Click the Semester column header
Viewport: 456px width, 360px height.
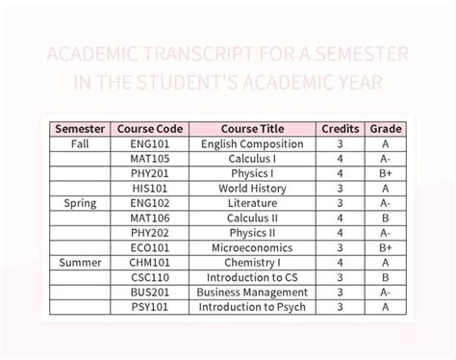[x=80, y=129]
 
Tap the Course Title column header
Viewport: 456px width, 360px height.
[x=252, y=129]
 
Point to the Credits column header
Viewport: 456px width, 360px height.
[x=341, y=129]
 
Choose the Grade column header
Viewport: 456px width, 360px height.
[x=385, y=129]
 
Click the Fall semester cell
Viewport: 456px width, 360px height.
[x=80, y=144]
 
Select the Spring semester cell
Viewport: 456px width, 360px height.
[x=80, y=203]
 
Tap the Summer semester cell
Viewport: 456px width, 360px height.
[x=80, y=262]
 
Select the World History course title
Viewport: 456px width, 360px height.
[x=252, y=189]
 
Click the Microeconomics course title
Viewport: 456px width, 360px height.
[x=252, y=247]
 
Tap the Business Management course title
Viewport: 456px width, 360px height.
[x=252, y=292]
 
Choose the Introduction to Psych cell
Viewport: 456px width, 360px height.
[x=252, y=307]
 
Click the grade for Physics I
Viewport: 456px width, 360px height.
[x=385, y=174]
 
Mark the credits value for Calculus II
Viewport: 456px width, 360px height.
[x=341, y=219]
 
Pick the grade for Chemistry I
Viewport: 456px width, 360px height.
[x=385, y=262]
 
